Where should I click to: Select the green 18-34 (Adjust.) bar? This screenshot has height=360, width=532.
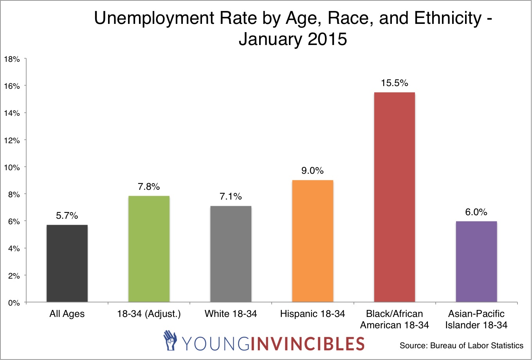149,249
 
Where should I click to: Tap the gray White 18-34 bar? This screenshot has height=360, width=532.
231,254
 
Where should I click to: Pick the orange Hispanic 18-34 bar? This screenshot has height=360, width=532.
312,241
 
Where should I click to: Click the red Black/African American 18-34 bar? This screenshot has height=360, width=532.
394,197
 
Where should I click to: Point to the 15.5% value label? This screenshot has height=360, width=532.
394,83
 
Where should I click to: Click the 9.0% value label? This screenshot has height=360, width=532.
312,171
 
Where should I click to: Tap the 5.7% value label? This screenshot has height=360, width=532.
67,216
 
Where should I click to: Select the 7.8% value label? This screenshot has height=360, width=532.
149,187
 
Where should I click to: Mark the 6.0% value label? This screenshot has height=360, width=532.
476,212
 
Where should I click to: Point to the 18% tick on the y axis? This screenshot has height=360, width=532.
12,59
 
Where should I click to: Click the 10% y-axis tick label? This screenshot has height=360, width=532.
12,167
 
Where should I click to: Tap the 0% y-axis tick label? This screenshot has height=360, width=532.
14,303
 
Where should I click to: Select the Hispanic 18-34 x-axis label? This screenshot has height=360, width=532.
312,314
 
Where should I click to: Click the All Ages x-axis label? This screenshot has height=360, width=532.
67,314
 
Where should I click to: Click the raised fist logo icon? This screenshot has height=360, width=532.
170,340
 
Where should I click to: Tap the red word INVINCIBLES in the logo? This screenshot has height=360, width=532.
307,343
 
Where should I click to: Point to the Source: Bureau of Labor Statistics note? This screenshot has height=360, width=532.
461,346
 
